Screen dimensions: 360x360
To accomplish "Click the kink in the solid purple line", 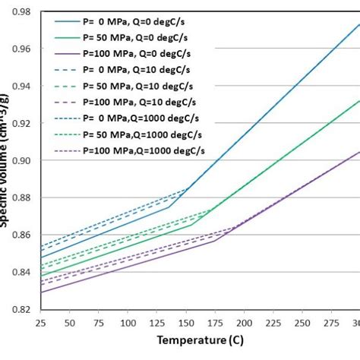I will pos(216,241).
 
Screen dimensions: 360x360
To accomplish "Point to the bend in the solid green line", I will pos(191,224).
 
